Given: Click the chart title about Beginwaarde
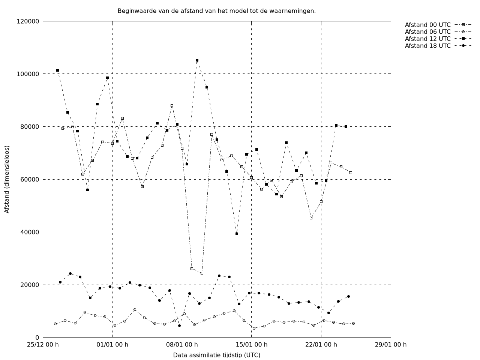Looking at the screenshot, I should pyautogui.click(x=216, y=11).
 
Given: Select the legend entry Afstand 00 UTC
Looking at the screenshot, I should pyautogui.click(x=427, y=25).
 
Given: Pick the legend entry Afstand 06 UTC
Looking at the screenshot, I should pyautogui.click(x=427, y=32).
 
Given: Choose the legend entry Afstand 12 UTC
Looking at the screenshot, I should pyautogui.click(x=427, y=39).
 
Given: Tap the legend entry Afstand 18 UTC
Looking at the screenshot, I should pyautogui.click(x=427, y=46).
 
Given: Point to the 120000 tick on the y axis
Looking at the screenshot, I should pyautogui.click(x=28, y=21).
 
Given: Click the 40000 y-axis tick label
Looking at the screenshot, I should pyautogui.click(x=30, y=232).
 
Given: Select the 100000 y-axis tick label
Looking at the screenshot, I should pyautogui.click(x=28, y=74).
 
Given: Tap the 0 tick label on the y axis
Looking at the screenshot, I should pyautogui.click(x=37, y=337).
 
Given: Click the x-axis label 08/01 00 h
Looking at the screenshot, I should pyautogui.click(x=182, y=345).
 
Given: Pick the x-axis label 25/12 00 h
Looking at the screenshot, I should pyautogui.click(x=43, y=345).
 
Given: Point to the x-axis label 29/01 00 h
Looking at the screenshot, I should pyautogui.click(x=391, y=345).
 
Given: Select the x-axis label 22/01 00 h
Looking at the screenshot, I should pyautogui.click(x=321, y=345).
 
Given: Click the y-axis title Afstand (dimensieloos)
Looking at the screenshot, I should pyautogui.click(x=7, y=179).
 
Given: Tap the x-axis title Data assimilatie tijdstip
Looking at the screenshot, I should pyautogui.click(x=216, y=355).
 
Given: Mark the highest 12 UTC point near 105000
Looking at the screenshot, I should pyautogui.click(x=197, y=60).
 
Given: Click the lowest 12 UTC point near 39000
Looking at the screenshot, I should pyautogui.click(x=237, y=234).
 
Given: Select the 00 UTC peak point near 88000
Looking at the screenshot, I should pyautogui.click(x=172, y=106).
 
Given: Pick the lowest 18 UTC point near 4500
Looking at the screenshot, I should pyautogui.click(x=179, y=325).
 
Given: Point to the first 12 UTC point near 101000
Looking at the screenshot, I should pyautogui.click(x=57, y=70).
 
